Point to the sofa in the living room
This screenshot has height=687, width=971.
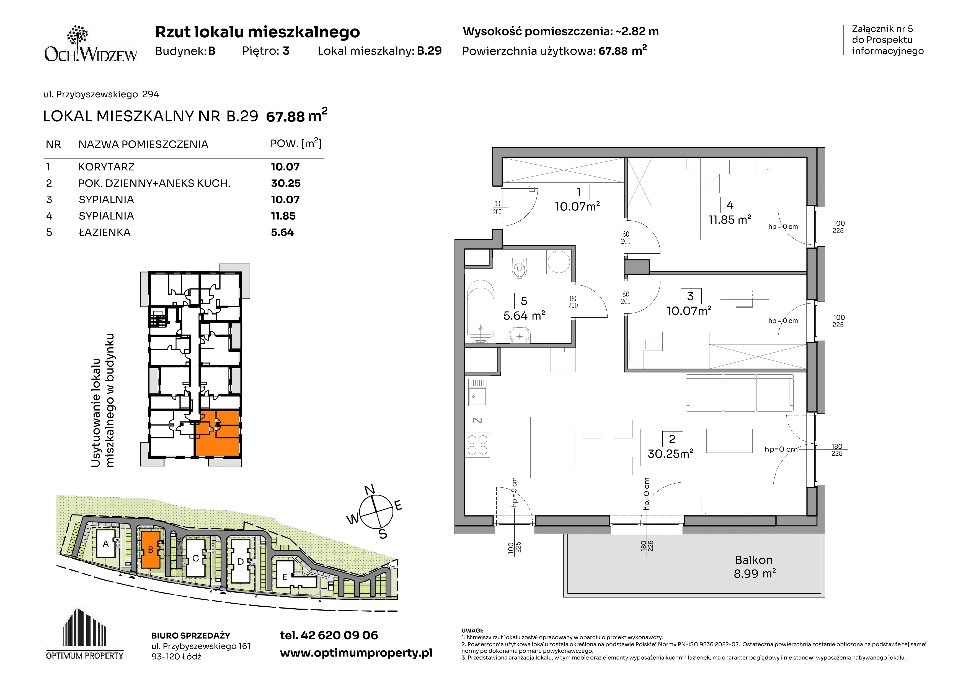coord(739,393)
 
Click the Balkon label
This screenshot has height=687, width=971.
coord(754,560)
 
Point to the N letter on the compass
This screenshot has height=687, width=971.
coord(370,490)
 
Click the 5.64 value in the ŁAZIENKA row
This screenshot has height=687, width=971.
coord(282,233)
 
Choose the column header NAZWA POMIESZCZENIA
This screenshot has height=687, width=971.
coord(143,144)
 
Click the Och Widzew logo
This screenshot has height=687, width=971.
coord(91,44)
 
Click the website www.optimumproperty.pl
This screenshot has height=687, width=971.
coord(356,653)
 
